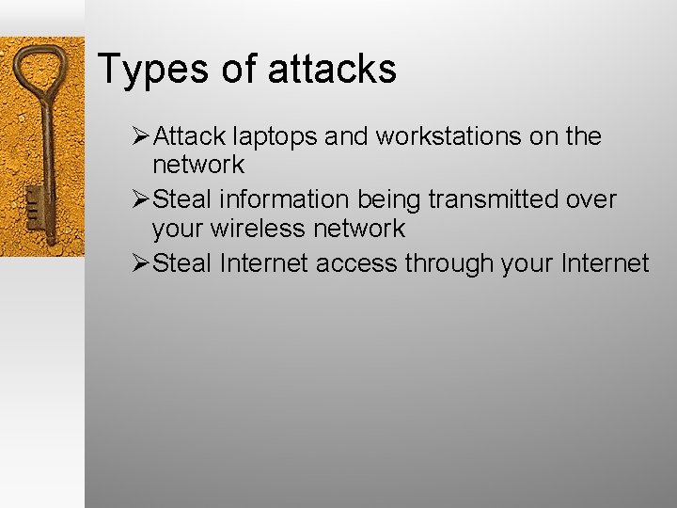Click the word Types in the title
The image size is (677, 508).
pyautogui.click(x=151, y=70)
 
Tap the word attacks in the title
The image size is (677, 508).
pyautogui.click(x=332, y=70)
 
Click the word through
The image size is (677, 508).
pyautogui.click(x=450, y=264)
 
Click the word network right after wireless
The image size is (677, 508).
pyautogui.click(x=360, y=229)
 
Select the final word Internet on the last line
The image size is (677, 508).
pyautogui.click(x=602, y=263)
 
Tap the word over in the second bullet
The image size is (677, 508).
pyautogui.click(x=591, y=200)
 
